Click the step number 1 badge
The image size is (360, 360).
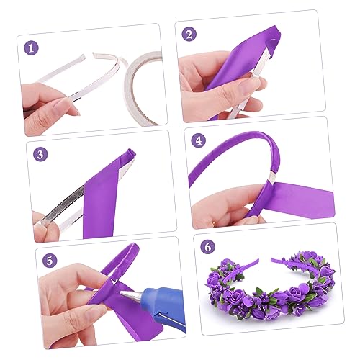pyautogui.click(x=31, y=49)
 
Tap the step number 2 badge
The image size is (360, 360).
pyautogui.click(x=189, y=34)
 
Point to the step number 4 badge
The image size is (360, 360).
pyautogui.click(x=199, y=141)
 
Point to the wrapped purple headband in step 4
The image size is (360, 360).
pyautogui.click(x=230, y=158)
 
